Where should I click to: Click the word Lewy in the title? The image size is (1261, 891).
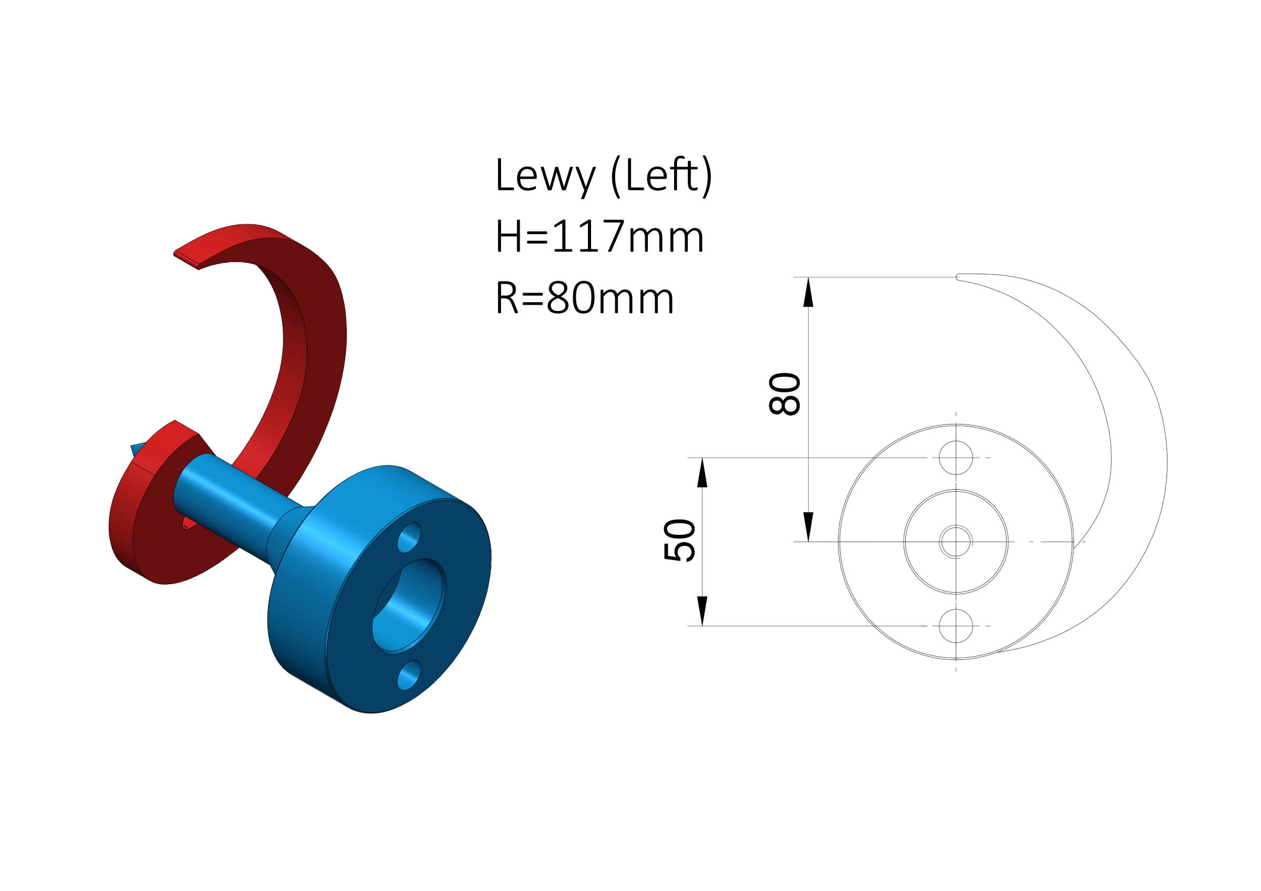(x=545, y=175)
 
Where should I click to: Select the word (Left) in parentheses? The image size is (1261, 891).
(x=662, y=175)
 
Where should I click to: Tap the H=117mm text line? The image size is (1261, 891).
(x=599, y=236)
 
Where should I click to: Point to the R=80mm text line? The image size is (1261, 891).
(x=584, y=297)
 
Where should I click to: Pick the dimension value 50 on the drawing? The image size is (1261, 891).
(x=679, y=540)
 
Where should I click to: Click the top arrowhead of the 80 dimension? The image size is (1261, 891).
(x=808, y=292)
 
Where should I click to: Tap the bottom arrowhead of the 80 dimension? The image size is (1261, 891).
(x=808, y=526)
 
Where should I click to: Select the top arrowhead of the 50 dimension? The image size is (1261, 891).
(x=702, y=473)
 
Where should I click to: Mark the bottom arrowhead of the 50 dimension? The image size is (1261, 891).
(x=702, y=611)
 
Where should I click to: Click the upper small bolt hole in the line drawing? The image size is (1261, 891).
(x=956, y=458)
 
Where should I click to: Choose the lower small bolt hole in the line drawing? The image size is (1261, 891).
(x=956, y=626)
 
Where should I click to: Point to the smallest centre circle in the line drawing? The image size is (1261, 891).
(x=956, y=542)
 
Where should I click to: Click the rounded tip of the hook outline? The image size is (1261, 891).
(x=957, y=277)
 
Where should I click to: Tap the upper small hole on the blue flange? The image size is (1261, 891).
(x=409, y=537)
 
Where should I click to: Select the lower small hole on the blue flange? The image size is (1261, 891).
(x=409, y=675)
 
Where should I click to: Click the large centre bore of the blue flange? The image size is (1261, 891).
(x=409, y=606)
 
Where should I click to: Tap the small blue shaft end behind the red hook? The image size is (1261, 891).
(x=137, y=449)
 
